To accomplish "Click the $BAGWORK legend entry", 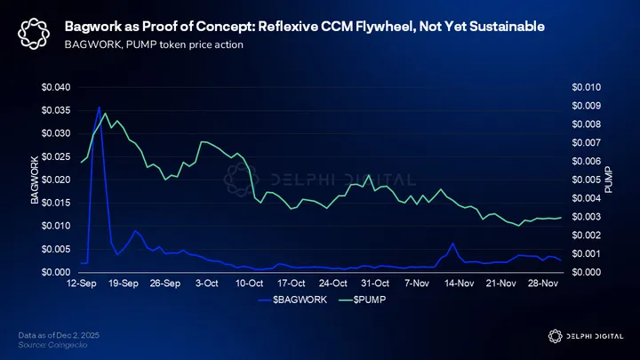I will point(298,300).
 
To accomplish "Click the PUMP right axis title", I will point(609,180).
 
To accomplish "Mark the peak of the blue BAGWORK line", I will point(99,108).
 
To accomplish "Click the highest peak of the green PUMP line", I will point(105,114).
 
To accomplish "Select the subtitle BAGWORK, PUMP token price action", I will point(153,46).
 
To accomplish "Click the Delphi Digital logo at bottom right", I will point(583,334).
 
